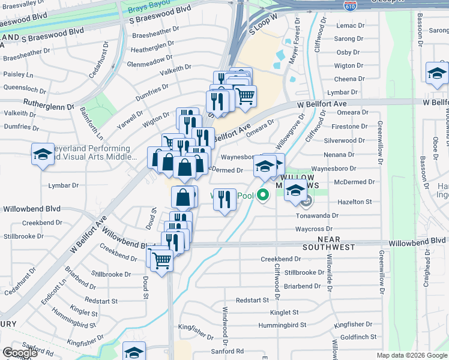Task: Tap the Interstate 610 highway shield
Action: point(349,5)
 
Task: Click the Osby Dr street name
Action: point(348,52)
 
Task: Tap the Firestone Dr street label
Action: point(349,127)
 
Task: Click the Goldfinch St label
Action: point(358,338)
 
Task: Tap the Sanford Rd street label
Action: point(227,351)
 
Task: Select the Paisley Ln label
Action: point(18,75)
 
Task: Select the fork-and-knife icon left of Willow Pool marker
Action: point(224,199)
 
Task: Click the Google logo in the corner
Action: point(20,353)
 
